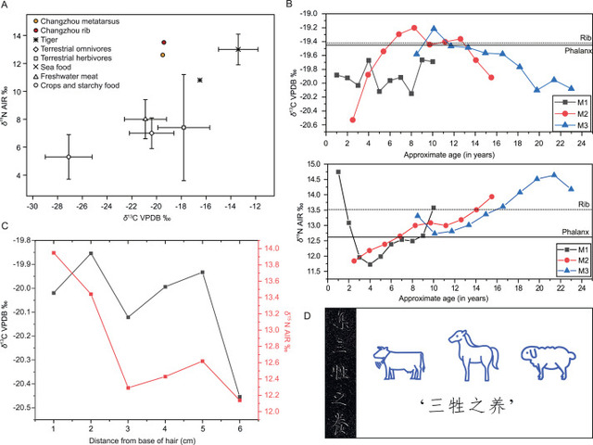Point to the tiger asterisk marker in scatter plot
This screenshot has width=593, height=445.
(x=200, y=80)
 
